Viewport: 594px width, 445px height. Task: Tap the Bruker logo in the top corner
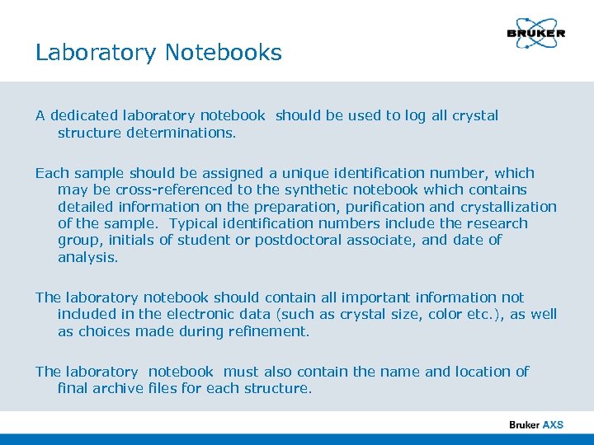point(535,34)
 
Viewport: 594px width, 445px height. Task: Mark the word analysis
point(87,257)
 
